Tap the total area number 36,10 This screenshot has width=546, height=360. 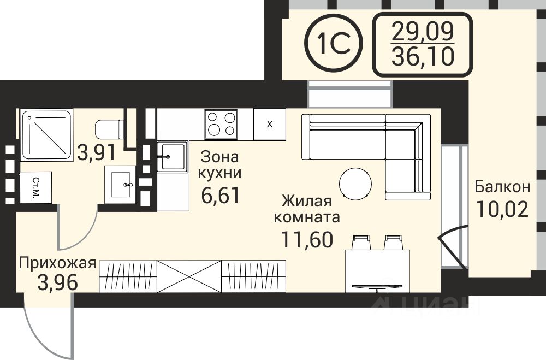pos(423,57)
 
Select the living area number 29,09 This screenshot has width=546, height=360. pos(423,31)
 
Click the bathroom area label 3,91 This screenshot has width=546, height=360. pos(96,152)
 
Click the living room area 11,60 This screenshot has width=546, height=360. pos(307,239)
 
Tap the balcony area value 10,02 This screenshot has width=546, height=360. pos(502,209)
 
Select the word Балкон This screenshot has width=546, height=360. pos(502,187)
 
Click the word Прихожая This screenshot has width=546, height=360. pos(57,263)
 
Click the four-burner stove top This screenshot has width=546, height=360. pos(221,123)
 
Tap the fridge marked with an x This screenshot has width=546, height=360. pos(270,124)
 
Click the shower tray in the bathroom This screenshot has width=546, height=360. pos(46,135)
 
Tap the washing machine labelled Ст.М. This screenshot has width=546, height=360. pos(36,187)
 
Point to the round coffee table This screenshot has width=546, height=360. pos(355,184)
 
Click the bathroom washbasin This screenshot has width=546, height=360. pos(120,185)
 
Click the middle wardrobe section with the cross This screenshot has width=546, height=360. pos(189,276)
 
